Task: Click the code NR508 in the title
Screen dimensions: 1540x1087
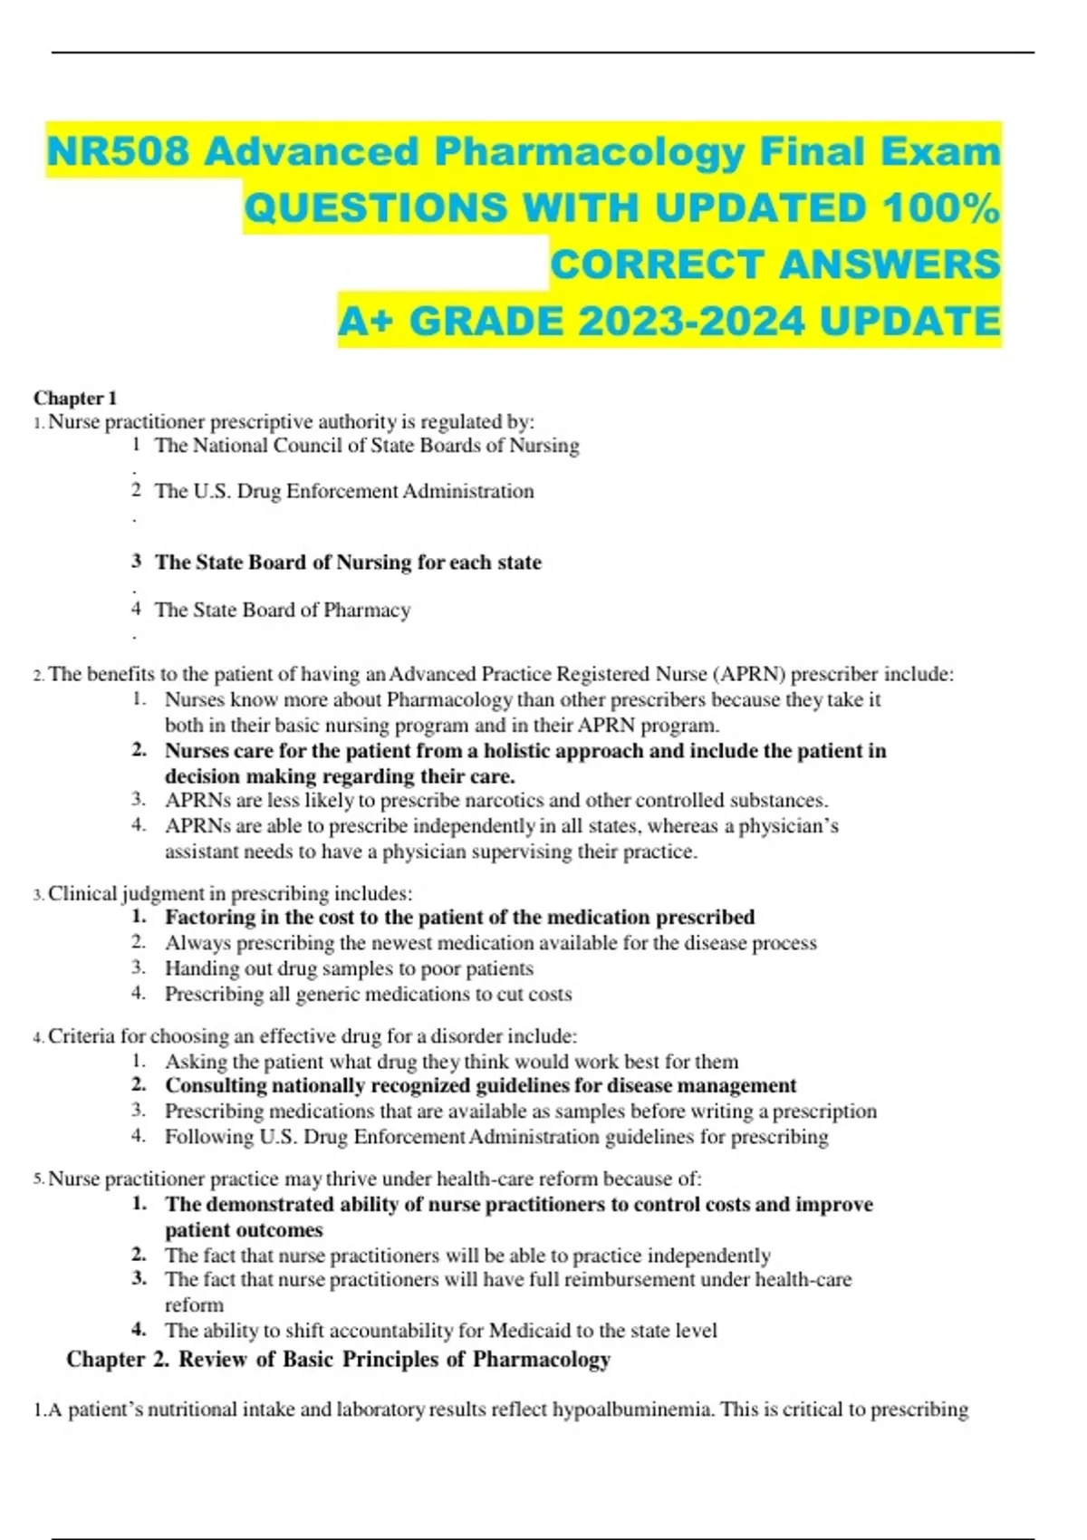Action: [x=119, y=151]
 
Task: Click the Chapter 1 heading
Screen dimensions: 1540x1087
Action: [x=75, y=398]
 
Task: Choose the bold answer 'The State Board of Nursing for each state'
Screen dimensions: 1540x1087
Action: [x=348, y=563]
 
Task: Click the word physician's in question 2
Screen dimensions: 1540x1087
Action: [x=788, y=826]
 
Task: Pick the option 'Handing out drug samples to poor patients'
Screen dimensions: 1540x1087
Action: [x=349, y=968]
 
